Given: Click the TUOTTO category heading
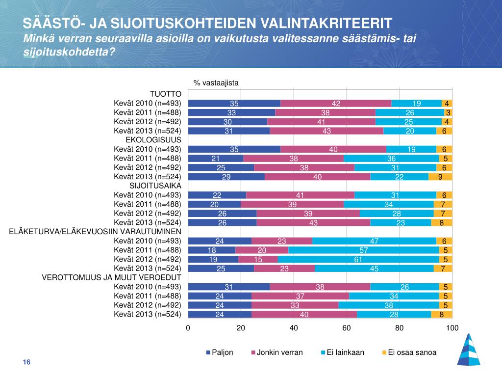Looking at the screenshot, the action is click(166, 94).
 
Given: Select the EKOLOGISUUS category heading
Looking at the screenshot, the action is click(153, 140).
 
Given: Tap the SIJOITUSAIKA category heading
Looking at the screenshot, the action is click(155, 186).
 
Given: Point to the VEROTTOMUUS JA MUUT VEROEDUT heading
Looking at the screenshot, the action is click(111, 277).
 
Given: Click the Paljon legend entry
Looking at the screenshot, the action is click(220, 352).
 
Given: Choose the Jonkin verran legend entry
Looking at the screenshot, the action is click(277, 352).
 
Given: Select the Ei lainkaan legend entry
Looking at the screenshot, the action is click(343, 352).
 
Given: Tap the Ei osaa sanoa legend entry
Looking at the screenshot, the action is click(409, 352).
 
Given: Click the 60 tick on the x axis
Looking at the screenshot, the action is click(347, 328).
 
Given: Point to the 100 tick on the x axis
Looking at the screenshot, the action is click(452, 328).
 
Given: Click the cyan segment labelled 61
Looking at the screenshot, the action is click(358, 259).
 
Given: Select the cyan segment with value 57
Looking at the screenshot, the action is click(364, 250).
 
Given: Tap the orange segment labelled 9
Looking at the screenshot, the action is click(440, 177).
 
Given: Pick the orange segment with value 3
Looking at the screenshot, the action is click(448, 112).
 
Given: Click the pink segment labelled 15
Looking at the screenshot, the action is click(258, 259).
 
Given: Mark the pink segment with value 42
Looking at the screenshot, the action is click(336, 103).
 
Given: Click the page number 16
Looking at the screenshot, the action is click(26, 362).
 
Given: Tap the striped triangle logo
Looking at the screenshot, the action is click(469, 350).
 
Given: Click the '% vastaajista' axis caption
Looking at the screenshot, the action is click(216, 82).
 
